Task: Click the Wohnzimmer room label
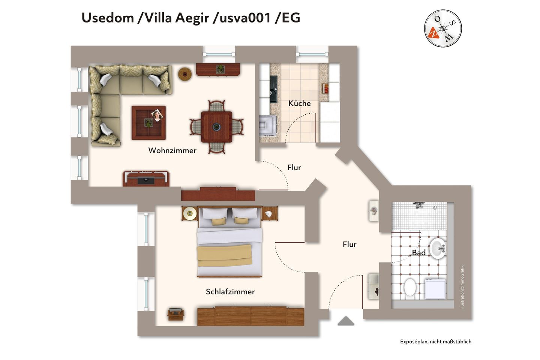pos(172,150)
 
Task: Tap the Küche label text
pos(299,103)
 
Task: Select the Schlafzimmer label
pos(230,291)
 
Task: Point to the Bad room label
pos(418,253)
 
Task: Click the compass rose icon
pos(443,28)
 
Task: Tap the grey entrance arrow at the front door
pos(346,321)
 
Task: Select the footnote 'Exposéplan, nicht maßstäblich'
pos(435,342)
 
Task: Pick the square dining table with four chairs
pos(216,127)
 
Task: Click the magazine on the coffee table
pos(157,115)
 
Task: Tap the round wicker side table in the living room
pos(185,74)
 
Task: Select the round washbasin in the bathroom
pos(438,248)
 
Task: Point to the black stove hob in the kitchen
pos(274,89)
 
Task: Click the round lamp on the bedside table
pos(190,214)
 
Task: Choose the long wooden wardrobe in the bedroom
pos(250,316)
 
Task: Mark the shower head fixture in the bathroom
pos(419,205)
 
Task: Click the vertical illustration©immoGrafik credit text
pos(462,287)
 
